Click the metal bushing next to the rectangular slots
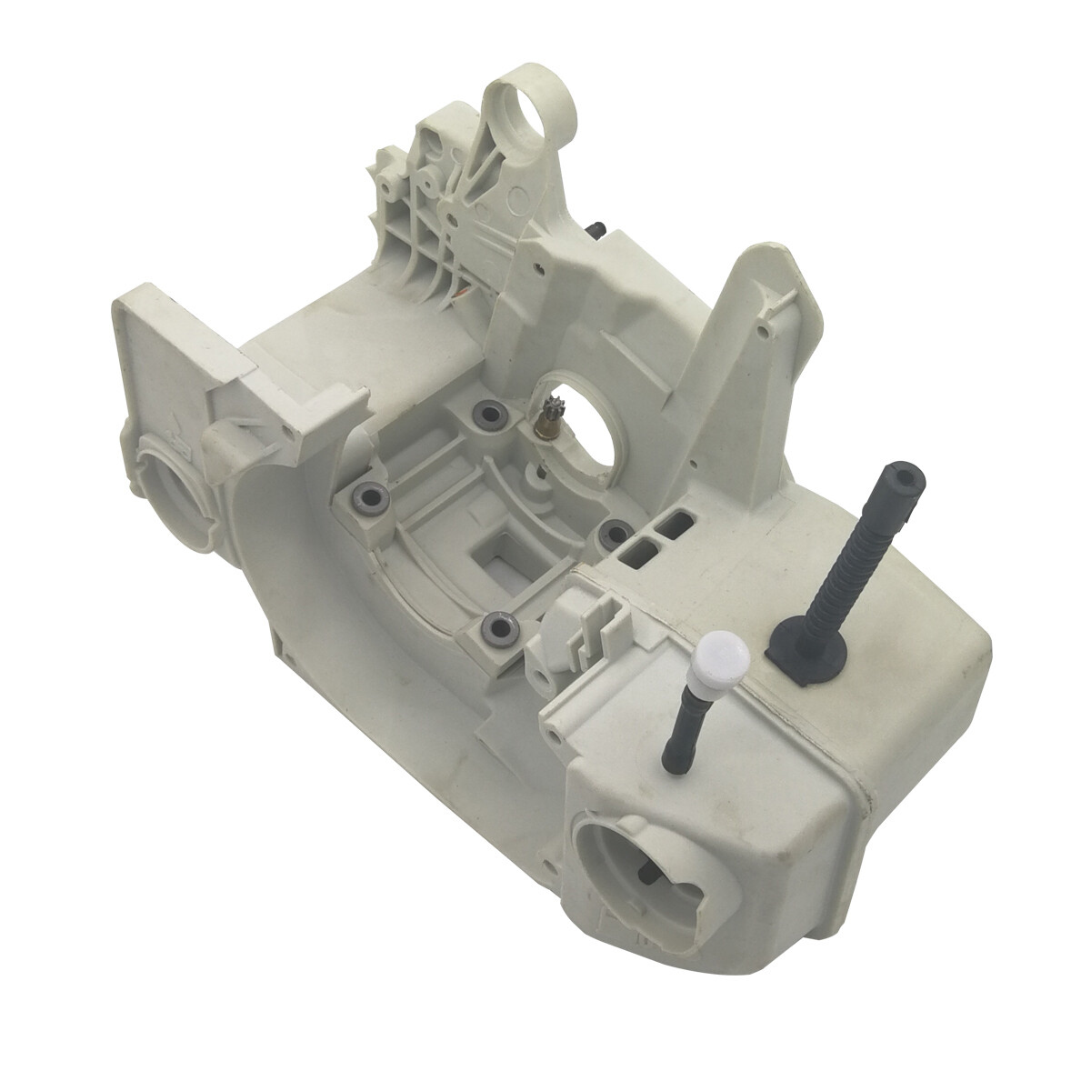(x=611, y=533)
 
